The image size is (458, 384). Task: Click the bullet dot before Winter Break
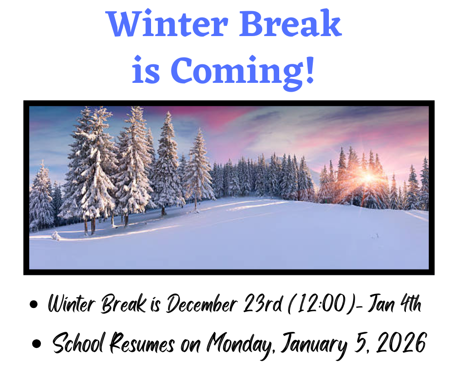(34, 306)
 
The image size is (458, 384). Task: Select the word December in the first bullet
(201, 305)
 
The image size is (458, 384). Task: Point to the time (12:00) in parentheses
(322, 305)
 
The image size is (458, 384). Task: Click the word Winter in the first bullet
(71, 305)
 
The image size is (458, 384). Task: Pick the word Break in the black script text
(124, 305)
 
